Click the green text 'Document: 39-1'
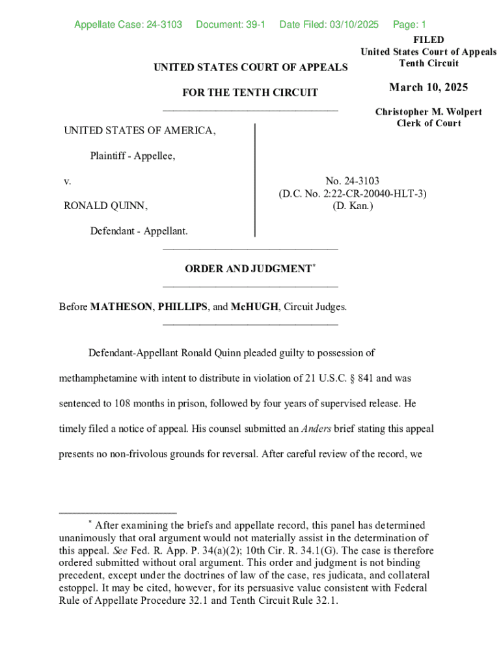coord(230,25)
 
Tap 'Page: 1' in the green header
coord(409,25)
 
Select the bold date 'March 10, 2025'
coord(428,88)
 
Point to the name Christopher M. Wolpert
coord(428,112)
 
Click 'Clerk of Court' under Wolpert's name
coord(428,124)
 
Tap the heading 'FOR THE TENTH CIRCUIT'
coord(250,92)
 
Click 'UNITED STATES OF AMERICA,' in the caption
coord(139,131)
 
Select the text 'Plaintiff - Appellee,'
coord(133,156)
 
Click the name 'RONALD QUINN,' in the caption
coord(105,206)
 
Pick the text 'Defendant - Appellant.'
coord(139,231)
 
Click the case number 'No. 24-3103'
coord(353,181)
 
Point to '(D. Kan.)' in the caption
coord(353,206)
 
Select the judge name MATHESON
coord(120,307)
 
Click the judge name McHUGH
coord(254,307)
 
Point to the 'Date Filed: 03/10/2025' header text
coord(329,25)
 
